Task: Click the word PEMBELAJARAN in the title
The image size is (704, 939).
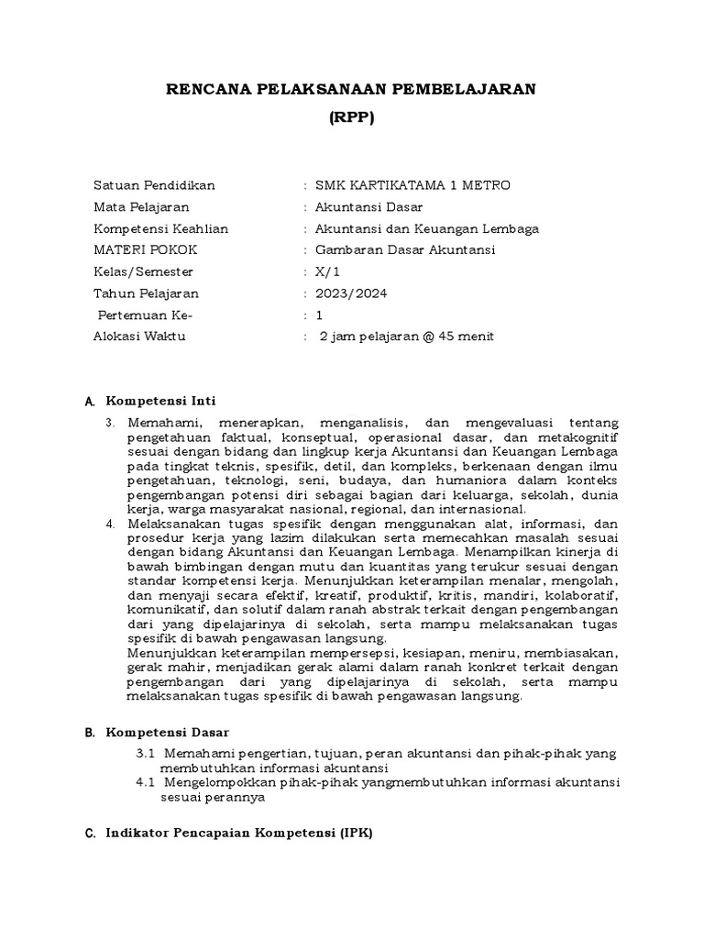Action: pos(464,88)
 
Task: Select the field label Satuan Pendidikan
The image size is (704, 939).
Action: pos(154,185)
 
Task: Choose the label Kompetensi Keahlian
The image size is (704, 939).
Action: pos(160,228)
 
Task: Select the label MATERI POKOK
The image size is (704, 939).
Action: pos(145,250)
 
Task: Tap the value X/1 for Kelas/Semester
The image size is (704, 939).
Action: pos(327,272)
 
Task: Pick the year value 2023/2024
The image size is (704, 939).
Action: pos(350,293)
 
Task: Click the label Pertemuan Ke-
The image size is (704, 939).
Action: pos(146,315)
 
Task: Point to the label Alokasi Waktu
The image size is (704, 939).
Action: pos(139,337)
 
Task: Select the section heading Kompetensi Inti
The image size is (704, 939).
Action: pos(161,402)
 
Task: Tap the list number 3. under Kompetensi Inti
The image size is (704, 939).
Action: pos(108,423)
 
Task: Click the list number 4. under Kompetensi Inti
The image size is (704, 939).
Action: pos(108,522)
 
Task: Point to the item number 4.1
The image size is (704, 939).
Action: pos(147,782)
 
